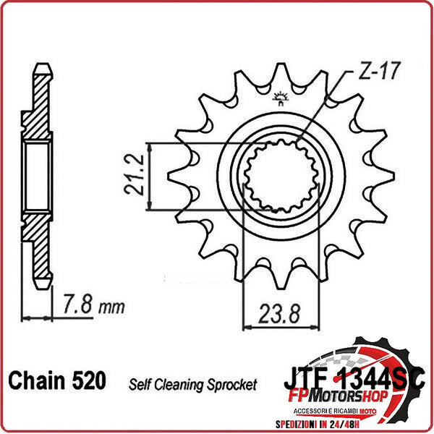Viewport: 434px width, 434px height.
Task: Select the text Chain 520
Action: pos(56,380)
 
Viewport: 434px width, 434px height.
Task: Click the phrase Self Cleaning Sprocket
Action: pos(192,384)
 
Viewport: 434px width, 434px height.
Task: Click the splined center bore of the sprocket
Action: pos(281,176)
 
